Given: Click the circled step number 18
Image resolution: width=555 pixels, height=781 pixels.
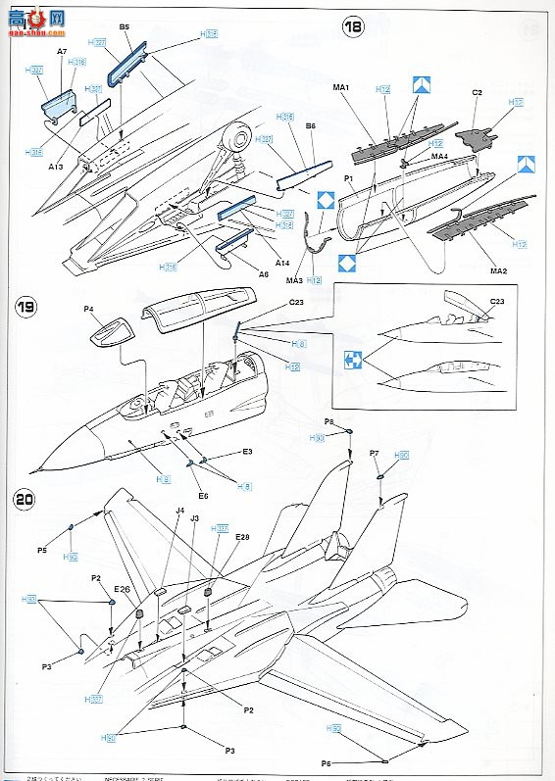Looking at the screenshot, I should tap(352, 27).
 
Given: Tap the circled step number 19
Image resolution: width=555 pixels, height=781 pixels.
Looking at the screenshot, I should tap(28, 309).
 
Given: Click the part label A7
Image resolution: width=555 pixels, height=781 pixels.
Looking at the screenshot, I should tap(62, 50).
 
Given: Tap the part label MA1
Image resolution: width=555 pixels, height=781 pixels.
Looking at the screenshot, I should tap(341, 88).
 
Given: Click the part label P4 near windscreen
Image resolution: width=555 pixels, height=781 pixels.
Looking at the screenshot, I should tap(89, 310).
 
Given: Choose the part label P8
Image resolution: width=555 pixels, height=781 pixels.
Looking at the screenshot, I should tap(330, 421).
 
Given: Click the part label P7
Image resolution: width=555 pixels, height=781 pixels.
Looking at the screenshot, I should tap(375, 454).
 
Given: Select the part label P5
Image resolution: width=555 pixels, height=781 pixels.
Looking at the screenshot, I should tap(42, 551).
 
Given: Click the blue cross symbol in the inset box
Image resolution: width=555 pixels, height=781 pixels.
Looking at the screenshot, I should tap(355, 361).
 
